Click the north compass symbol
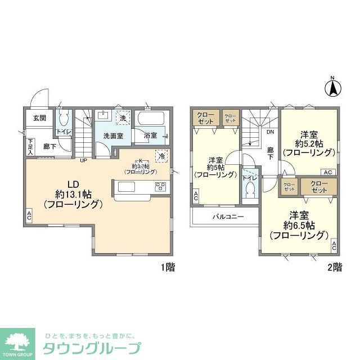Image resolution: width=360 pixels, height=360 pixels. [x=332, y=87]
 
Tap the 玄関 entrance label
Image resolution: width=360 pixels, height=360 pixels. [x=39, y=118]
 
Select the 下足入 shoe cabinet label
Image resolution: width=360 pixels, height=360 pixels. [x=30, y=147]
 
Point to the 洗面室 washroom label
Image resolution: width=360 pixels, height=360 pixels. [x=113, y=136]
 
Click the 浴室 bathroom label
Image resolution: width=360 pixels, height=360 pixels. [x=150, y=136]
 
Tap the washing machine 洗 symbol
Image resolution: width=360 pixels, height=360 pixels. [x=123, y=118]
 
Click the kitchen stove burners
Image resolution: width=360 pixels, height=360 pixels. [x=161, y=187]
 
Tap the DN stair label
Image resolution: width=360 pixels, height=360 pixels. [x=270, y=133]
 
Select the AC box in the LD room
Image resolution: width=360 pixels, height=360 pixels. [x=29, y=215]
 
